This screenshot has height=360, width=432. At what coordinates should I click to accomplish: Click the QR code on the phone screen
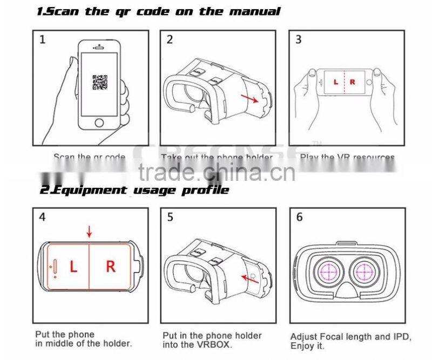(x=98, y=82)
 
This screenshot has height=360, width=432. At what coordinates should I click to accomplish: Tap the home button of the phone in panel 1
(x=98, y=123)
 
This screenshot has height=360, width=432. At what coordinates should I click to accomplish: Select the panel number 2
(x=170, y=39)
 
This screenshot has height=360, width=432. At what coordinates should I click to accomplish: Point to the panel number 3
(x=299, y=39)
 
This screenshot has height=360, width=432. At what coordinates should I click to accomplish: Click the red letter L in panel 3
(x=335, y=82)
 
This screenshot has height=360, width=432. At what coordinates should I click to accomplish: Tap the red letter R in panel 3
(x=353, y=82)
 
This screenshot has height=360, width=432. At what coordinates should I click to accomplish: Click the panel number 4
(x=42, y=218)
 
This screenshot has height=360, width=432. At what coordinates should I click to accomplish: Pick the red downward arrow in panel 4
(x=90, y=232)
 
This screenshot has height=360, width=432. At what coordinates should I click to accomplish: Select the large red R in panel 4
(x=111, y=267)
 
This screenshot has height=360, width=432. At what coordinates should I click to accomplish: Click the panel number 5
(x=170, y=218)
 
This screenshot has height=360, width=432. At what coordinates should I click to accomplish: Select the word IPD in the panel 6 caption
(x=382, y=335)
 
